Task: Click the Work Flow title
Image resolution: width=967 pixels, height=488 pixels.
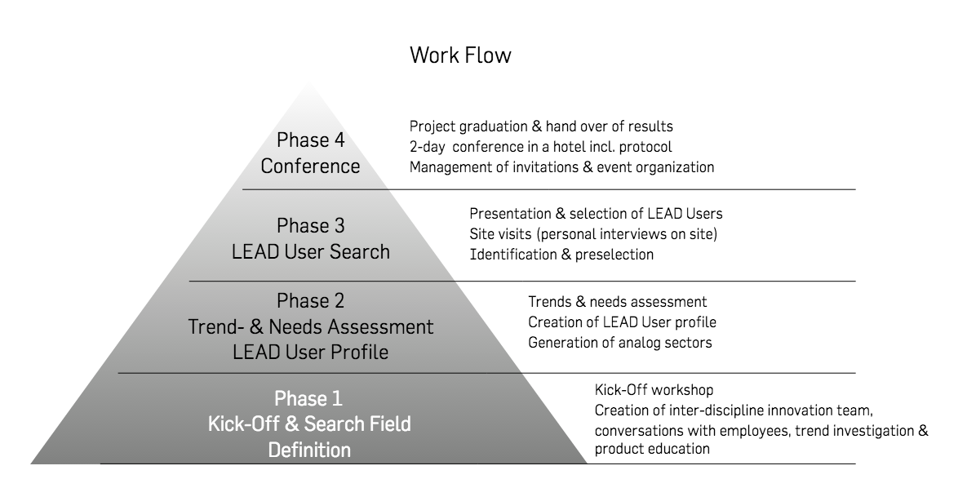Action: pos(461,55)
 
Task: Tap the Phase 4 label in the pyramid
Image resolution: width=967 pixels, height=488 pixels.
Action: pos(310,140)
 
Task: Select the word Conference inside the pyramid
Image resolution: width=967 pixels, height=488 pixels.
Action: pos(310,166)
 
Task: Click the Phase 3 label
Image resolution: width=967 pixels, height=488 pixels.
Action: pos(310,226)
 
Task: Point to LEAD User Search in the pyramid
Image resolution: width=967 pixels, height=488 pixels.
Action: pos(311,251)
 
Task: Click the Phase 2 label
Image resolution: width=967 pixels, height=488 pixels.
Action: pos(310,300)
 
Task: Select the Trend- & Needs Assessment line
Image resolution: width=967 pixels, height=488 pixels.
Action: pos(311,326)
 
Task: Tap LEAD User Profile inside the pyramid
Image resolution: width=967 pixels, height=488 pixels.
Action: pos(311,353)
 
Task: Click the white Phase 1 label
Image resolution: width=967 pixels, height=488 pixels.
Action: pos(308,398)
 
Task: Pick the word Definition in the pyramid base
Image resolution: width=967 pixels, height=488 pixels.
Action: pos(309,450)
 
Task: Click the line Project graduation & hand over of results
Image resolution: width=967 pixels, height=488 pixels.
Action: pos(542,126)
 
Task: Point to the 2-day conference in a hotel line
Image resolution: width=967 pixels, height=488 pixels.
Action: pos(541,147)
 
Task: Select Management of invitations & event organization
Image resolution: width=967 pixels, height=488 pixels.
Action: pos(561,167)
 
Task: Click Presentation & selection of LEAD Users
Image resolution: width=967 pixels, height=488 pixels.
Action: pos(596,214)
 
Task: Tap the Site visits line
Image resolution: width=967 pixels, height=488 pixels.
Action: pos(593,234)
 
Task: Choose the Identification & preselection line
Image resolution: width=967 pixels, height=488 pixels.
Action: pos(561,254)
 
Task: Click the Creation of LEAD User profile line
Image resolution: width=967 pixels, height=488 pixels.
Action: pos(623,322)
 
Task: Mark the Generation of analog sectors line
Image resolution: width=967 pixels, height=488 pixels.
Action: pos(620,343)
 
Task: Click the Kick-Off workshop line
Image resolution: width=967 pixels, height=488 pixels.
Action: pos(654,390)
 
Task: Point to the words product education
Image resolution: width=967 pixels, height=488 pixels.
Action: pos(652,449)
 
